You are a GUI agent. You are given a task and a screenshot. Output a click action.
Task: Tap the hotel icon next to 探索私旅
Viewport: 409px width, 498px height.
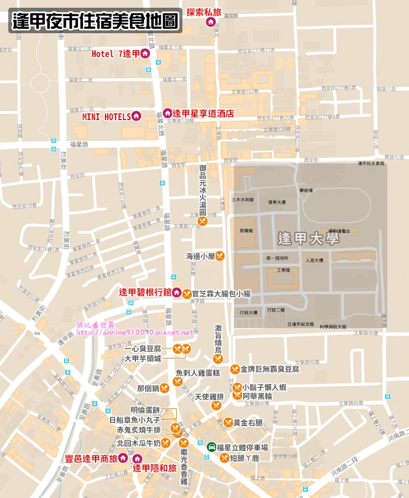[x=211, y=22]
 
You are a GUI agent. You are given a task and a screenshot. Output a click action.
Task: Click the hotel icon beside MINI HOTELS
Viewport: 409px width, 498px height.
[x=136, y=116]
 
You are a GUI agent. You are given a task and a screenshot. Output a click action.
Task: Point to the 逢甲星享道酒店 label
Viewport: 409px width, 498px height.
[x=203, y=113]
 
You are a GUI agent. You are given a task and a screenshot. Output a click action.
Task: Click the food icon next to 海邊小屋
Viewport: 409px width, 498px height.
[x=219, y=256]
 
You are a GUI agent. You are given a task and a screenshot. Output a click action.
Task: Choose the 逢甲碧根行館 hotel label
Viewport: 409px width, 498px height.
[x=145, y=292]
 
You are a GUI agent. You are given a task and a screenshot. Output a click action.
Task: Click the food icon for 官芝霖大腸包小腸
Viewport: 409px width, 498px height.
[x=187, y=294]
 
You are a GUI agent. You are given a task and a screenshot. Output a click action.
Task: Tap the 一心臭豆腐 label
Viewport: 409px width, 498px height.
[x=143, y=349]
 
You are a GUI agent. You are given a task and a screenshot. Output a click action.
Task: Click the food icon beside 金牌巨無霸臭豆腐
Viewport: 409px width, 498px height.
[x=235, y=369]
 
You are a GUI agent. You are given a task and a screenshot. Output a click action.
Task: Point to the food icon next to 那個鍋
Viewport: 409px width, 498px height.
[x=164, y=388]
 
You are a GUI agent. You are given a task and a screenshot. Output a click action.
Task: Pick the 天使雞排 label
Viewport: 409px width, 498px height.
[x=209, y=397]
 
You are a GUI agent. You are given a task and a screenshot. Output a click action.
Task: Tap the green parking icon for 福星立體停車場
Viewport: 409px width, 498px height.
[x=211, y=447]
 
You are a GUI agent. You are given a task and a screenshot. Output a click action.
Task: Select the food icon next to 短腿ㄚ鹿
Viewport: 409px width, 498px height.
[x=224, y=458]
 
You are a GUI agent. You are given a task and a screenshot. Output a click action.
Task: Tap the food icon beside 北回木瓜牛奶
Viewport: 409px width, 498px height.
[x=165, y=443]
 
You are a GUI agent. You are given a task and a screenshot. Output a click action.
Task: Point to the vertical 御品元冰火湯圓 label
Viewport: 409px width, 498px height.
[x=203, y=188]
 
